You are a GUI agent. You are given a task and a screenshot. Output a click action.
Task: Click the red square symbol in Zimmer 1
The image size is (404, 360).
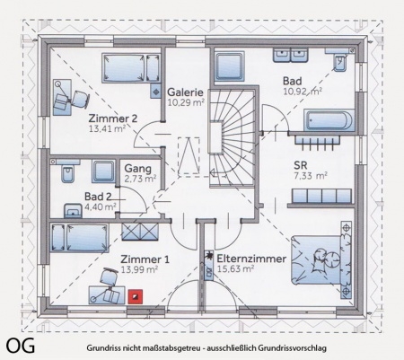tap(136, 296)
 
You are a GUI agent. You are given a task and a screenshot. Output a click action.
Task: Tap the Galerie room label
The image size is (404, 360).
tap(185, 92)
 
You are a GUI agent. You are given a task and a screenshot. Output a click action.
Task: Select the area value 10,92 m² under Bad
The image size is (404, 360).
tap(303, 91)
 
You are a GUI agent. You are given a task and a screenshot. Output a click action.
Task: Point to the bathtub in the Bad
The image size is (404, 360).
tap(329, 120)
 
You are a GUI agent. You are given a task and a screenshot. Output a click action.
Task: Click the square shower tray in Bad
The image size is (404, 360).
tap(230, 66)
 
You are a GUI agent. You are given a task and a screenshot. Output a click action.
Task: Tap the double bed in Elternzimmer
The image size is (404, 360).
tap(321, 259)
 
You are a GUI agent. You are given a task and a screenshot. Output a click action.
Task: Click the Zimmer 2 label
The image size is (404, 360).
tap(113, 119)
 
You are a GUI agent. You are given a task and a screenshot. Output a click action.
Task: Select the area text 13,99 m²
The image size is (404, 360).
tap(139, 269)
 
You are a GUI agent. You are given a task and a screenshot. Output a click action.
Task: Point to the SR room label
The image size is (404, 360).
tap(301, 165)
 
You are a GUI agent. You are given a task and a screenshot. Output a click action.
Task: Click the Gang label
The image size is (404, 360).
tap(138, 169)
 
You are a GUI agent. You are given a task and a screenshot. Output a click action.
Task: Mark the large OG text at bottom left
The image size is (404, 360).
tap(20, 346)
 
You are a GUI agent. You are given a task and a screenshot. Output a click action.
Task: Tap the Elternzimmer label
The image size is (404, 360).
tap(251, 259)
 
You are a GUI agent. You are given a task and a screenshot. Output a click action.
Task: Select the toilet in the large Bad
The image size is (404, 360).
tap(340, 62)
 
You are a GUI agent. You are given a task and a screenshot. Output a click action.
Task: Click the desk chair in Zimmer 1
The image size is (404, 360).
tap(109, 277)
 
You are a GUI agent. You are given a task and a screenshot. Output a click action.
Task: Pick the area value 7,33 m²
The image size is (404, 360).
tap(310, 176)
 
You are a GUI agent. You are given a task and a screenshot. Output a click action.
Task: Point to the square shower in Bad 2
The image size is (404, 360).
tap(103, 171)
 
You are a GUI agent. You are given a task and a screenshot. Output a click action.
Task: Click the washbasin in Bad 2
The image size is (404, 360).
tap(73, 211)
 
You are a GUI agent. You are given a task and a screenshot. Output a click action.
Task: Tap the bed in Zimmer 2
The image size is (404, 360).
tap(131, 67)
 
